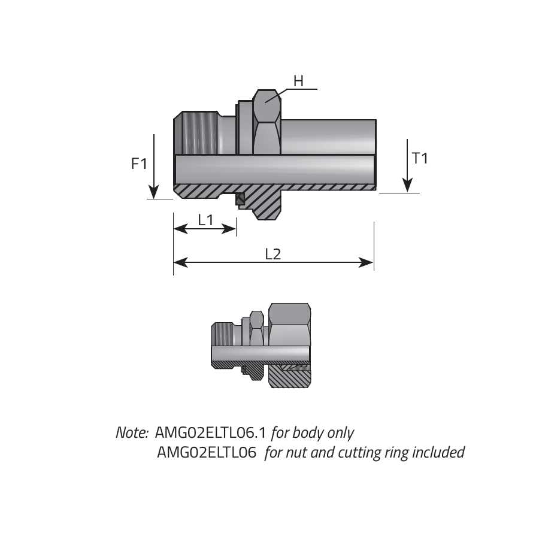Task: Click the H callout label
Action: [298, 81]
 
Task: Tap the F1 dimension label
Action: [139, 163]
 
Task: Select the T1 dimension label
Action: [420, 158]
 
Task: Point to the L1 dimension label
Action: [206, 220]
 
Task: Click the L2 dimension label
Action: [273, 254]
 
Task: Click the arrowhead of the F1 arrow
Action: [154, 192]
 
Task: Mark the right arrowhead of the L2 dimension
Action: [366, 263]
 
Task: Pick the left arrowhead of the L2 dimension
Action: [181, 263]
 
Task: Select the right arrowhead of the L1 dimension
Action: [229, 229]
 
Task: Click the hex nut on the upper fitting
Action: [267, 122]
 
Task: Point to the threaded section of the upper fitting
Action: [201, 133]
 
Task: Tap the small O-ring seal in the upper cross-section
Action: [240, 199]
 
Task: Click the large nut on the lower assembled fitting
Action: [290, 325]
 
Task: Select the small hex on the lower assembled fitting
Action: [257, 328]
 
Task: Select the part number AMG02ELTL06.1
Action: [211, 432]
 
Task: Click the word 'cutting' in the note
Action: [359, 452]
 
